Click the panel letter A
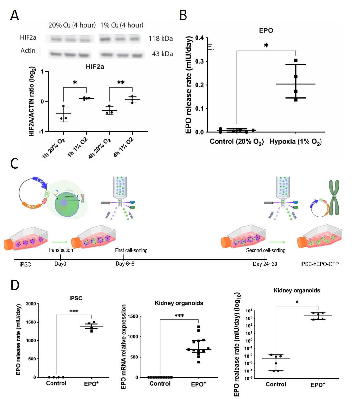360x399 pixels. pos(15,15)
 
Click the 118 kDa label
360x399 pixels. pos(160,39)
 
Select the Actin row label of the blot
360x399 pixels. pos(28,51)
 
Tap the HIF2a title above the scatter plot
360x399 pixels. pos(95,67)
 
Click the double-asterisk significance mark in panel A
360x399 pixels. pos(121,83)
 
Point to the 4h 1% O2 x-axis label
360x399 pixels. pos(124,147)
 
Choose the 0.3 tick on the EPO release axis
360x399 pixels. pos(199,62)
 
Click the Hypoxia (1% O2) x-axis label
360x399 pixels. pos(295,142)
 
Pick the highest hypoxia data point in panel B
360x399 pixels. pos(296,61)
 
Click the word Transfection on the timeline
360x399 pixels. pos(60,250)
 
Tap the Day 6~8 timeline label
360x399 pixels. pos(125,264)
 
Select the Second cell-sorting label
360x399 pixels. pos(265,250)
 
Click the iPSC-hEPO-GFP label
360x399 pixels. pos(319,264)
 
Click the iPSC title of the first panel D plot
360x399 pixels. pos(76,298)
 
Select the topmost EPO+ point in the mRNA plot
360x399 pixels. pos(198,327)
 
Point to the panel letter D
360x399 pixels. pos(15,285)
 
